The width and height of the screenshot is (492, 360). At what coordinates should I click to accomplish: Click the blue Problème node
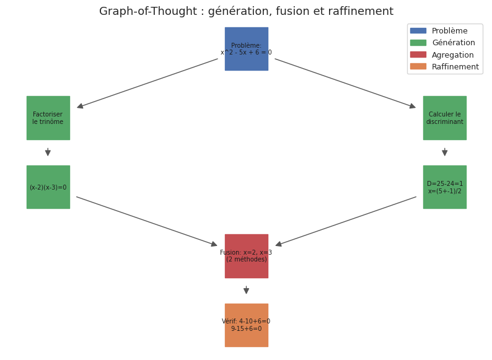click(x=246, y=49)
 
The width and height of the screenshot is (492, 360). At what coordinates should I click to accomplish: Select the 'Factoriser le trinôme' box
click(x=48, y=118)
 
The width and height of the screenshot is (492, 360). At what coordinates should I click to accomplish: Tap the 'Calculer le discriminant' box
click(x=444, y=118)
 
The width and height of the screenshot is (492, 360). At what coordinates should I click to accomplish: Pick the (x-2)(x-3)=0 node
click(x=48, y=187)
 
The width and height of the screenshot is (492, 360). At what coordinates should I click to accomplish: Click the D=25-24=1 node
click(x=444, y=187)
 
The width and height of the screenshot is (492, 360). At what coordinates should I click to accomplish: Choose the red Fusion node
click(x=246, y=256)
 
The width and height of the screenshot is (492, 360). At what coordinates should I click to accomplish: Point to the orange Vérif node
click(x=246, y=325)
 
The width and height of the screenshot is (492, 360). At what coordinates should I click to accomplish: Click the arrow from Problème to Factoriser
click(x=147, y=84)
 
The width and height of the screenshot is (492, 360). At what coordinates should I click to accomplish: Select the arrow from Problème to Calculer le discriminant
click(x=345, y=84)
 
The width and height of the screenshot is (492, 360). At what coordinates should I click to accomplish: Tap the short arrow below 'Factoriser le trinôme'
click(x=48, y=152)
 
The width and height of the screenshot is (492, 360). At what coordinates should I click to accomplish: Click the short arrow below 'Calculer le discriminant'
click(x=444, y=152)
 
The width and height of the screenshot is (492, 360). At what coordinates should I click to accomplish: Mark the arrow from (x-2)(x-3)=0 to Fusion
click(x=147, y=221)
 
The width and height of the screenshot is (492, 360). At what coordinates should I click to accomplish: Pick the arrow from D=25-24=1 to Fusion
click(x=346, y=221)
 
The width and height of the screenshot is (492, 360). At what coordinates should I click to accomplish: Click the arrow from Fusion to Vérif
click(x=246, y=290)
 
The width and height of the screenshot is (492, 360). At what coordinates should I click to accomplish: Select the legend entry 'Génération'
click(x=453, y=43)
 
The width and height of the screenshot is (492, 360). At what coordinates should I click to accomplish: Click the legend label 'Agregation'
click(x=452, y=55)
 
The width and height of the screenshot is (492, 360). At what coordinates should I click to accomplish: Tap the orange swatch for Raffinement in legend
click(x=418, y=66)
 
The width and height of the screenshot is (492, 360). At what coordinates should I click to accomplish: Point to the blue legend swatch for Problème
click(x=418, y=30)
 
